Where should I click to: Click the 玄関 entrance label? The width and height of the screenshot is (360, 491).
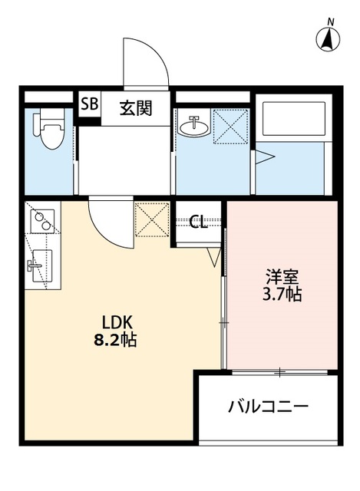pos(135,107)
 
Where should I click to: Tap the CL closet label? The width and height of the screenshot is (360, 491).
pos(199,222)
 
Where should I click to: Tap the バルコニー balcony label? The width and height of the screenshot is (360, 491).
pos(268,406)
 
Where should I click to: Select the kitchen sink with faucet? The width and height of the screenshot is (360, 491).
pos(39,267)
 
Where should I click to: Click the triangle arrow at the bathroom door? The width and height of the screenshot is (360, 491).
pos(263,158)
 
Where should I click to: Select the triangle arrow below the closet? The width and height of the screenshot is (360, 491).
pos(213,258)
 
